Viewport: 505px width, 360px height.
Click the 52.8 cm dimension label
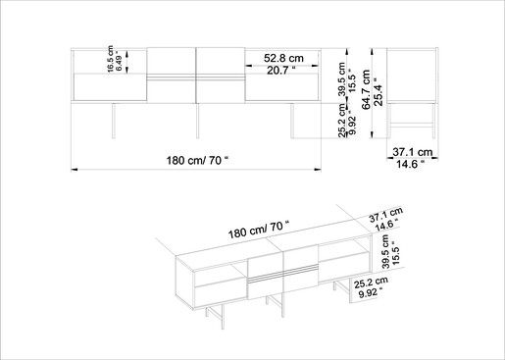tap(283, 58)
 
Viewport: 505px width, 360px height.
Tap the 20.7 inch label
tap(281, 71)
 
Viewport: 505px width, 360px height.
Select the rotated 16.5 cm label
tap(110, 59)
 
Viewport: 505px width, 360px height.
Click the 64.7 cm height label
tap(366, 89)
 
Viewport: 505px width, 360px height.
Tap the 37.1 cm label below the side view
tap(413, 152)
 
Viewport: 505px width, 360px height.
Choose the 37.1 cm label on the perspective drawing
tap(386, 214)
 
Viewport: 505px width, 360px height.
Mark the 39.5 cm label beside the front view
tap(342, 79)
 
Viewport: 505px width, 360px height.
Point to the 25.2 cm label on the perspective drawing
tap(371, 283)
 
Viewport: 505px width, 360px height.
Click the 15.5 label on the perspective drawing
tap(395, 253)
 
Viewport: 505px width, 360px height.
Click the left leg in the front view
tap(114, 121)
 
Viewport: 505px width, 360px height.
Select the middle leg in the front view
tap(197, 121)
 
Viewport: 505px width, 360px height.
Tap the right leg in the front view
tap(292, 121)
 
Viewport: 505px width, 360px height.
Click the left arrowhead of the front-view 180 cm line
tap(75, 170)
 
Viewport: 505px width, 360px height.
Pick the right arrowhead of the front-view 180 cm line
tap(318, 170)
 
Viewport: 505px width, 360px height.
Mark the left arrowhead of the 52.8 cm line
tap(249, 66)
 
